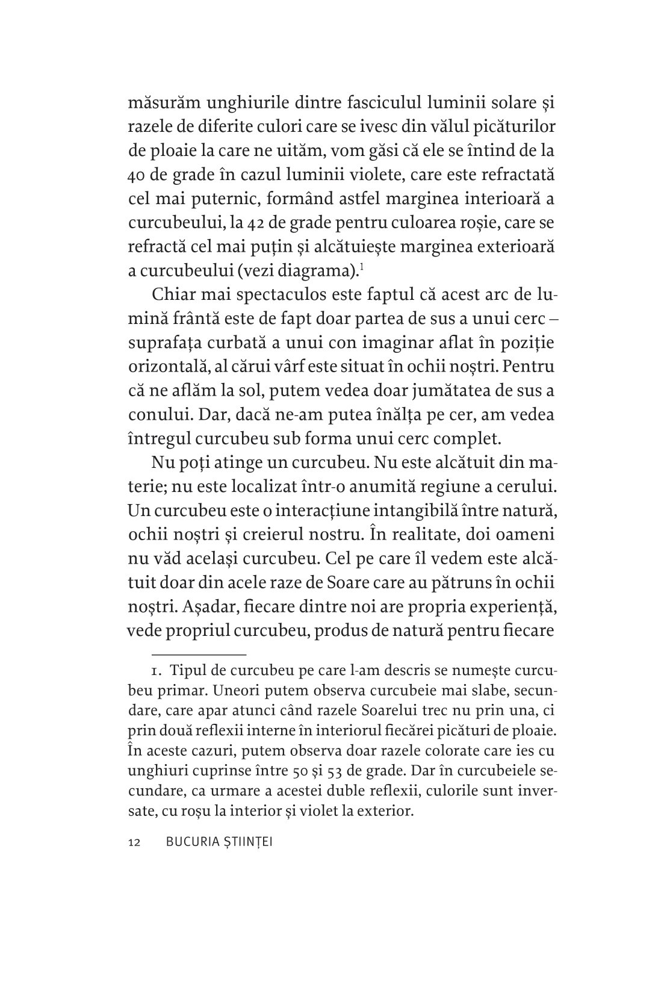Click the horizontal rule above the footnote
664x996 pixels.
(199, 653)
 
